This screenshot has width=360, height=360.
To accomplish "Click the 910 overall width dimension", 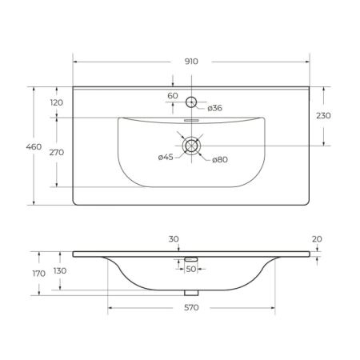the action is (x=191, y=62).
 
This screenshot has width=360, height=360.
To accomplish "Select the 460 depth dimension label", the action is (x=34, y=146).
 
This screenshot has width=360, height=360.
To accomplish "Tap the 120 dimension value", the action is (x=57, y=102).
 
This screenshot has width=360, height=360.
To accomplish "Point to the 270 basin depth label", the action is (x=57, y=153).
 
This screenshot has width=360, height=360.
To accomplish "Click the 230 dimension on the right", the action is (x=323, y=116).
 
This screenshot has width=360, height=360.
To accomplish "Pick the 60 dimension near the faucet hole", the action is (x=173, y=95).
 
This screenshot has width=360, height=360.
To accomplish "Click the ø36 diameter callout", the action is (x=214, y=108).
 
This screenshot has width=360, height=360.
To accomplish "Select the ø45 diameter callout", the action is (x=166, y=158).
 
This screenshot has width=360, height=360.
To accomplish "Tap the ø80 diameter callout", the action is (x=220, y=160).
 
